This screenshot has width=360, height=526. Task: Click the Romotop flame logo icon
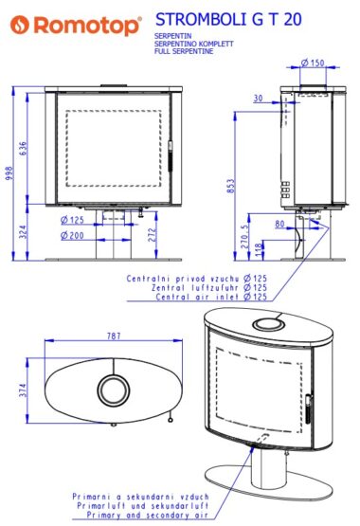tap(20, 25)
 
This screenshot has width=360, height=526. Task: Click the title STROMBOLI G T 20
tap(228, 20)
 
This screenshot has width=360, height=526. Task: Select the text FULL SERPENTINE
tap(184, 51)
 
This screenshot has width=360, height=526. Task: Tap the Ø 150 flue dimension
tap(313, 63)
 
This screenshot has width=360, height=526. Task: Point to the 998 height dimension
tap(9, 173)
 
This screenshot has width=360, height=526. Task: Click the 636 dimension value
tap(23, 148)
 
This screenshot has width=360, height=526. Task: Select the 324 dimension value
tap(23, 232)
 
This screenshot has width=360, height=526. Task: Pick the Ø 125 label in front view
tap(72, 221)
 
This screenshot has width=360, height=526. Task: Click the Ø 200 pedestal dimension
tap(72, 235)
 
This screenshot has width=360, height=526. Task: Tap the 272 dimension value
tap(153, 235)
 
